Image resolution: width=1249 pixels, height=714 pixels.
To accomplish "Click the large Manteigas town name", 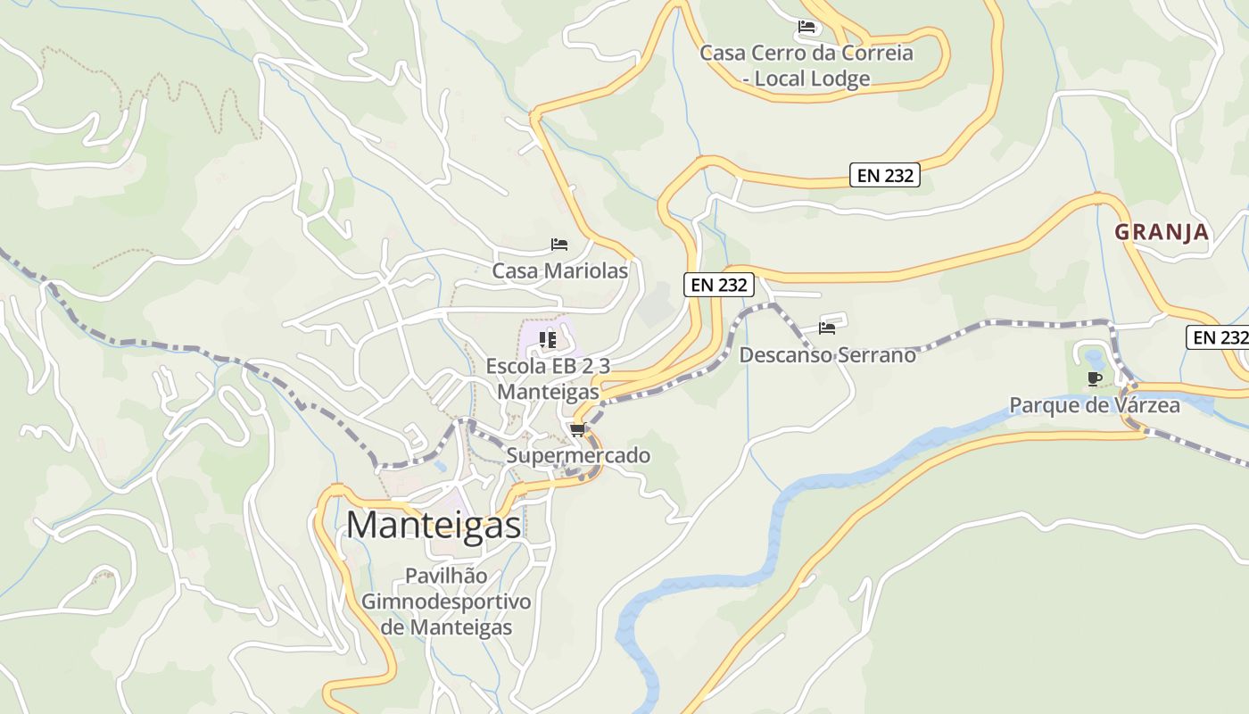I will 434,525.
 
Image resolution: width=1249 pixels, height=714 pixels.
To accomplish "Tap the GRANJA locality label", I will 1162,232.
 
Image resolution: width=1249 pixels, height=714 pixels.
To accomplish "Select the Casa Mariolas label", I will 560,270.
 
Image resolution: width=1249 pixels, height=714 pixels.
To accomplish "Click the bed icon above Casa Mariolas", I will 559,244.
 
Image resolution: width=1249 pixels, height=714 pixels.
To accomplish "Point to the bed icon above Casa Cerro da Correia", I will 806,27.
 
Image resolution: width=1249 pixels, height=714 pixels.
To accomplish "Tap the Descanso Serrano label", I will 827,354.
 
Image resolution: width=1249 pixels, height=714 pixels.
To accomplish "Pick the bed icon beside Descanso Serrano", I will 827,328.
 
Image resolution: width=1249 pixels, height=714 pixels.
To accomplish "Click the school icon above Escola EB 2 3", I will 548,339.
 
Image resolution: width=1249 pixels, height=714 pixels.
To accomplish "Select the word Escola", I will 514,366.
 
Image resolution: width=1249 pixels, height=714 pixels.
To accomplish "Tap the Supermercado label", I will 578,455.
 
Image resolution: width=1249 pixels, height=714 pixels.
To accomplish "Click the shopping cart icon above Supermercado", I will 577,430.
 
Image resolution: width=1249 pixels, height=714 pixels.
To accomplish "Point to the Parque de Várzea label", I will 1094,405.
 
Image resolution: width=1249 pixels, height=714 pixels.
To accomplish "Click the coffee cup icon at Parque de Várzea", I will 1095,379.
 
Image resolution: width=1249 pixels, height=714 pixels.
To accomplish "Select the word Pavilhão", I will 446,576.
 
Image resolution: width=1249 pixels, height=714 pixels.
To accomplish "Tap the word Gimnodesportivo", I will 446,602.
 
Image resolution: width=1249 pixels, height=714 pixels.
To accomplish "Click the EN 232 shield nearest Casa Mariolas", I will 719,285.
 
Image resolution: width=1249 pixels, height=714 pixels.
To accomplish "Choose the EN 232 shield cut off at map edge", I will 1219,337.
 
